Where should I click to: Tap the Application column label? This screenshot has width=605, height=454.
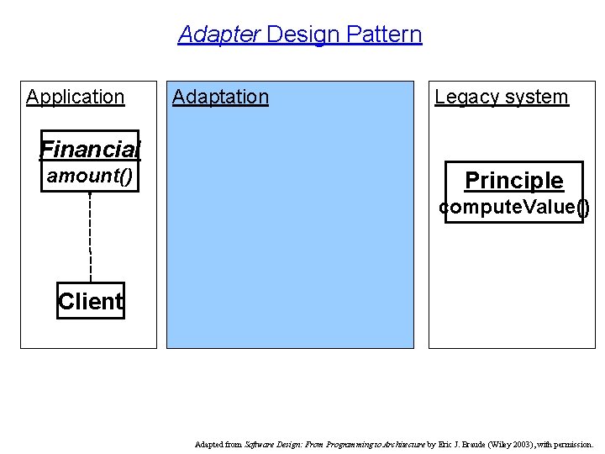pyautogui.click(x=75, y=97)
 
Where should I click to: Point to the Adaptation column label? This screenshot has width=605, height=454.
pyautogui.click(x=220, y=97)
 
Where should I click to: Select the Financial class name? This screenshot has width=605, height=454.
pyautogui.click(x=90, y=150)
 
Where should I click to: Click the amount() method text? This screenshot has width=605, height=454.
pyautogui.click(x=90, y=176)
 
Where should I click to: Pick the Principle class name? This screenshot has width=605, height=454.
pyautogui.click(x=513, y=180)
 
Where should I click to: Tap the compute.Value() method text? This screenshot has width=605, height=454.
pyautogui.click(x=513, y=207)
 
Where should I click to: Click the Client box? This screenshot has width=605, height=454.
pyautogui.click(x=91, y=301)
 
